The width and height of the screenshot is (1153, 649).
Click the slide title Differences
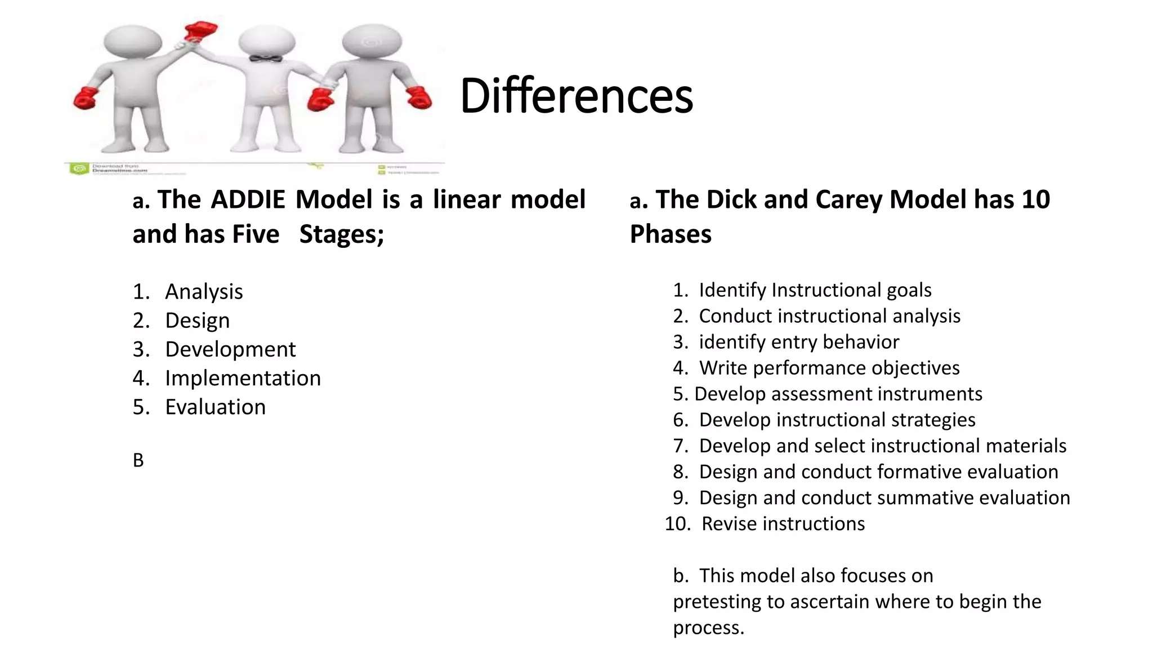click(x=576, y=96)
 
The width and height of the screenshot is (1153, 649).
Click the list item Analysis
click(x=204, y=292)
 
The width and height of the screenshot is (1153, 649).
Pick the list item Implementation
click(x=243, y=378)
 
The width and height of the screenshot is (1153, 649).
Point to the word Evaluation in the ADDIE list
click(x=215, y=407)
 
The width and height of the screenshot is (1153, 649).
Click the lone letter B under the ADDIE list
click(x=138, y=460)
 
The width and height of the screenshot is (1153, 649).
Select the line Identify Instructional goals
click(x=815, y=290)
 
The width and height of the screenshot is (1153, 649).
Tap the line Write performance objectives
click(x=829, y=368)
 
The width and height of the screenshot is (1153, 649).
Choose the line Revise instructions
click(x=783, y=524)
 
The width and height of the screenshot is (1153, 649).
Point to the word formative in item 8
click(x=922, y=472)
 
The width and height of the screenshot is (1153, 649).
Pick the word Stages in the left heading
click(x=338, y=234)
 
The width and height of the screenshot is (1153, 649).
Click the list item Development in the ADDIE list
click(x=230, y=349)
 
